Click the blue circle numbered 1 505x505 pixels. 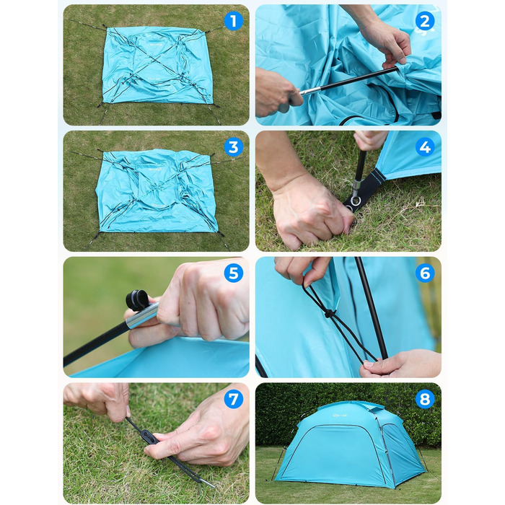[233, 21]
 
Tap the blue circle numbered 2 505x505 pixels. [425, 21]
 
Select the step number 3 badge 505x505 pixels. [233, 147]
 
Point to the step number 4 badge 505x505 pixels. [425, 147]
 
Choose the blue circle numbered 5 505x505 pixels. [233, 273]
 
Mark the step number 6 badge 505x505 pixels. [425, 273]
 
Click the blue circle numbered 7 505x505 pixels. [233, 400]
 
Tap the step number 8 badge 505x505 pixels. [425, 400]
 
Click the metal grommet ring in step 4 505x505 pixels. [356, 201]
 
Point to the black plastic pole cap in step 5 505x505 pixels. [136, 300]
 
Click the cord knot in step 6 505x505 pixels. [328, 313]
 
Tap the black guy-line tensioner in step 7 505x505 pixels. [150, 437]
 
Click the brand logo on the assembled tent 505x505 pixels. [340, 416]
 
